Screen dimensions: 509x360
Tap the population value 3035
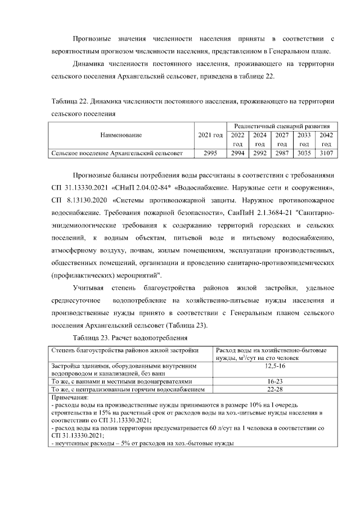304,153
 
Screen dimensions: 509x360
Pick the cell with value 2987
282,153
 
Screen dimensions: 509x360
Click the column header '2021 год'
211,135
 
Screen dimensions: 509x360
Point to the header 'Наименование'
121,135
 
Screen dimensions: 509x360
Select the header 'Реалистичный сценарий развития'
282,127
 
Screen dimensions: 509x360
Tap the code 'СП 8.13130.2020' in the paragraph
74,200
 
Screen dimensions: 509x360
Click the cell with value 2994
238,153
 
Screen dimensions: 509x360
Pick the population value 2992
260,153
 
